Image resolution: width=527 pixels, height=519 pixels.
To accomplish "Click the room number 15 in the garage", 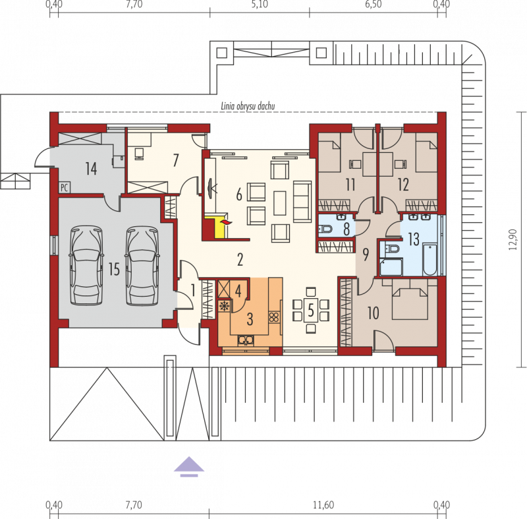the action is (114, 269).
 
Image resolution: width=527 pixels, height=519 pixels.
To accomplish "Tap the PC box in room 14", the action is (64, 187).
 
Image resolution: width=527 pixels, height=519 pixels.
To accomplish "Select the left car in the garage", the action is (86, 266).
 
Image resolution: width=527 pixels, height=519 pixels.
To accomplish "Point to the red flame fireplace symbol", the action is (225, 222).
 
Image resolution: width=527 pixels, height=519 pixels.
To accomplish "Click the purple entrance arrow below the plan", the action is (189, 466).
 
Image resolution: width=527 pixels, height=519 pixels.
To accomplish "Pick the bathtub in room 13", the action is (430, 259).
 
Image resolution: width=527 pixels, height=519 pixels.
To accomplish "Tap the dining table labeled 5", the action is (311, 311).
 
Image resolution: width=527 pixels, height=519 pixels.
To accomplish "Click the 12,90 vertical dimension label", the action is (513, 239).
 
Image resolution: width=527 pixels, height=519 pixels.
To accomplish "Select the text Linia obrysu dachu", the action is (248, 106).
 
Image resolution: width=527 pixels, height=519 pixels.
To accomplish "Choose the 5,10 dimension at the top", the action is (260, 5).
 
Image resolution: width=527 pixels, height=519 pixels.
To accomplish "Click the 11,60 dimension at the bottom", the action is (323, 505).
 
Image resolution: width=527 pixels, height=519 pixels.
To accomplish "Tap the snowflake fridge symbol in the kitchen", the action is (223, 306).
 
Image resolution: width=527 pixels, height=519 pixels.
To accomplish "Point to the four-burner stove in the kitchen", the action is (274, 317).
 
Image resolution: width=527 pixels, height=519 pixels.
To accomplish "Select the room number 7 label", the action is (175, 160).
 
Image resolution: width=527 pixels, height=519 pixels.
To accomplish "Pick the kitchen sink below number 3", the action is (246, 341).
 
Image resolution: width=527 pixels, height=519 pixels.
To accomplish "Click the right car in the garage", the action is (142, 266).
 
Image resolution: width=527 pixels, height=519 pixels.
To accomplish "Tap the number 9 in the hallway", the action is (366, 255).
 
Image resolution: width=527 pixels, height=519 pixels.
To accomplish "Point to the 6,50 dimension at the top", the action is (373, 5).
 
